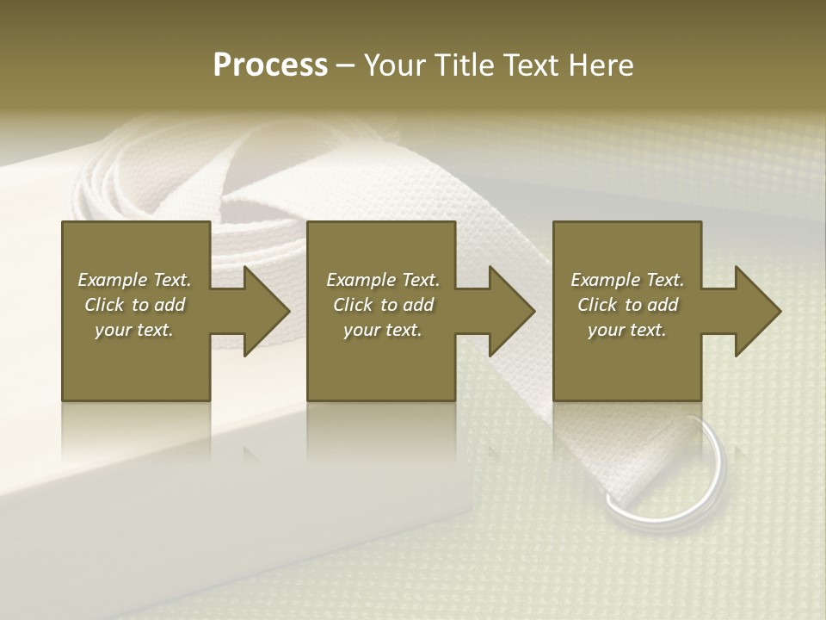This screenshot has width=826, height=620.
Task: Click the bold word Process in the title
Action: [270, 65]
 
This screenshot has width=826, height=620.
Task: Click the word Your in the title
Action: [395, 65]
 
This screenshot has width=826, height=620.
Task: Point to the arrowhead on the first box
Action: [265, 311]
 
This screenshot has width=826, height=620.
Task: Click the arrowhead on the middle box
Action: [510, 311]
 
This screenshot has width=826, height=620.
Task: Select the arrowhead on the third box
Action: [756, 311]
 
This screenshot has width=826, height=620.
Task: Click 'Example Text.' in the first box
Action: [134, 280]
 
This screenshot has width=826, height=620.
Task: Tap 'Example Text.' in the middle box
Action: [383, 280]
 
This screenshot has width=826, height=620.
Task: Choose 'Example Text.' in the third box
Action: [627, 280]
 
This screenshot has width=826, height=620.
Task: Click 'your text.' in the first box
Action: [134, 330]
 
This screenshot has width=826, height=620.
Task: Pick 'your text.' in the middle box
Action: [383, 330]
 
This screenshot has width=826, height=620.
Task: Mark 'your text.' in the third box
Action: [627, 330]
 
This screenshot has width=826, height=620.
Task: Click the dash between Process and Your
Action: [346, 65]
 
